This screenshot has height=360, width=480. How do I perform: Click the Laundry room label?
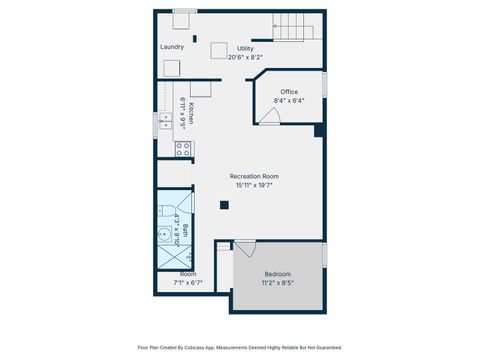(x=172, y=47)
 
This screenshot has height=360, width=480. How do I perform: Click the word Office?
(x=289, y=92)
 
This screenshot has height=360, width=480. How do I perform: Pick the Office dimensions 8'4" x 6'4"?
(x=289, y=101)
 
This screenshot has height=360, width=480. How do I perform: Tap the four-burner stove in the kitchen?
(x=184, y=150)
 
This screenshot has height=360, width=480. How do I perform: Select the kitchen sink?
(x=165, y=122)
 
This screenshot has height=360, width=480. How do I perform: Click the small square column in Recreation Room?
(x=225, y=205)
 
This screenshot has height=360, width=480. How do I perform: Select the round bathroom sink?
(x=164, y=237)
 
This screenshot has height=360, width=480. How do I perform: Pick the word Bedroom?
(x=277, y=274)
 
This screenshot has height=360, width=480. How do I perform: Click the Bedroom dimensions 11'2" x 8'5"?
(x=277, y=283)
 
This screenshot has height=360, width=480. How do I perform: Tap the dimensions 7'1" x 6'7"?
(x=188, y=283)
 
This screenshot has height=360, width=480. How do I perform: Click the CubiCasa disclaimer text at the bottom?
(x=240, y=348)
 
